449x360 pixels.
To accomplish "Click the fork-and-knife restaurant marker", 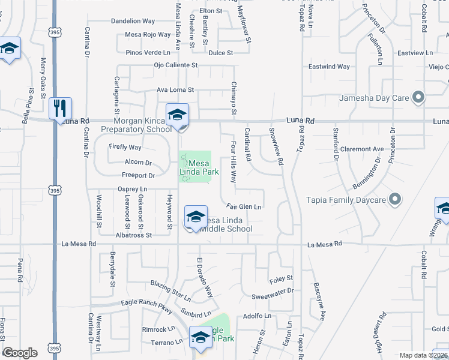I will [60, 109].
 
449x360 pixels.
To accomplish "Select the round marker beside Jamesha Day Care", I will [419, 97].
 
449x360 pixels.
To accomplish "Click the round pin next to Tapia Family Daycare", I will [395, 199].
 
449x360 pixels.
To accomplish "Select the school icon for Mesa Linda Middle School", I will [196, 217].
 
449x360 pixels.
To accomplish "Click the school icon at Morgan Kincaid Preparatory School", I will [178, 115].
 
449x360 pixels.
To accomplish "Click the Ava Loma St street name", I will [175, 90].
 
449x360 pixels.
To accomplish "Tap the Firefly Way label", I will [125, 147].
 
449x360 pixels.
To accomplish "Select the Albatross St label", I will [134, 235].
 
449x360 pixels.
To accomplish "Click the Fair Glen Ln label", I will [244, 207].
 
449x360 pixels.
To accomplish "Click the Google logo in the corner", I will [20, 353].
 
